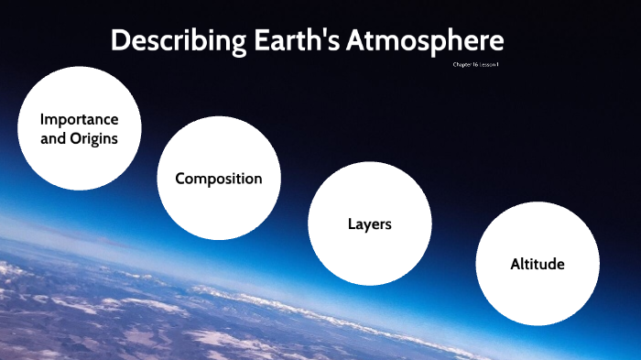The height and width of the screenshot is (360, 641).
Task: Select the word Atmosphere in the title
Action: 425,42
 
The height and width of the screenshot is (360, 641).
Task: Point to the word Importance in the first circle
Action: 79,120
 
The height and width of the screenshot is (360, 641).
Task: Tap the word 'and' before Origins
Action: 54,140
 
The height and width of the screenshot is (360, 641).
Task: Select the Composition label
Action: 219,179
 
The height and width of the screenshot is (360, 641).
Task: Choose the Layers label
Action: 369,224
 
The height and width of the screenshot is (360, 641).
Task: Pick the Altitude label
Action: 538,265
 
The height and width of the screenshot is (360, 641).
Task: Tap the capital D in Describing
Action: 120,42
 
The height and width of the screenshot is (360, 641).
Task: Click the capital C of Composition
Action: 180,179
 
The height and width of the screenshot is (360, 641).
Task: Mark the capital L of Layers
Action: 352,224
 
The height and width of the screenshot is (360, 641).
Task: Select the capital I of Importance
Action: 42,120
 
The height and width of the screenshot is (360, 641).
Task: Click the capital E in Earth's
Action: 245,42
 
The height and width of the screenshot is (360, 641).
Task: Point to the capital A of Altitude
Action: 516,265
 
